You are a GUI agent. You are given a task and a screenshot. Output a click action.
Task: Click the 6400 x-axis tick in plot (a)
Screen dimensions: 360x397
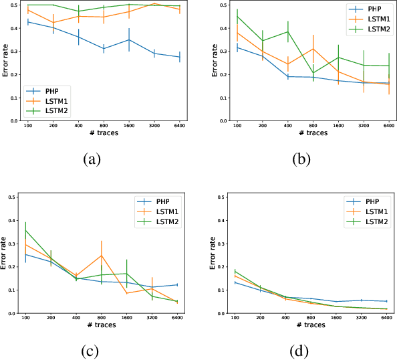(178, 126)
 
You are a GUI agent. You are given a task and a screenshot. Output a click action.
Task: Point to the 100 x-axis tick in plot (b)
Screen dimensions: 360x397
(237, 126)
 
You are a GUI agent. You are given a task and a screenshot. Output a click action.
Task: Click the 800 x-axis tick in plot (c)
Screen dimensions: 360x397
(102, 318)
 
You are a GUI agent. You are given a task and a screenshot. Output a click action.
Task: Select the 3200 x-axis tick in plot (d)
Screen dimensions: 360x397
(362, 318)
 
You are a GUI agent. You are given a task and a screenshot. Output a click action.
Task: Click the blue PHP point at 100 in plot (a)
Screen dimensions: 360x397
(28, 22)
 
